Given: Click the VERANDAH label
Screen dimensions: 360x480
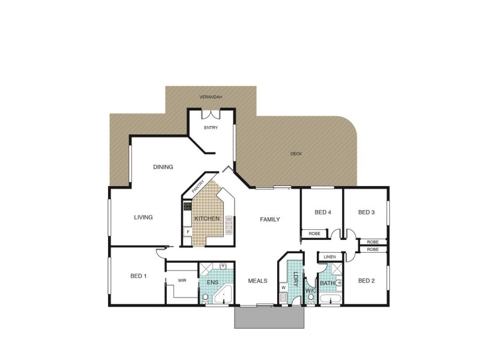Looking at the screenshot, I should [211, 97].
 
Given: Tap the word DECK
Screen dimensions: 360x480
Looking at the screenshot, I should [296, 154].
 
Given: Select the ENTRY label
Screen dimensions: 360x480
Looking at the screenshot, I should [211, 128].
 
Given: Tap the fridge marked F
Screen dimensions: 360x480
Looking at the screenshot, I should [187, 232].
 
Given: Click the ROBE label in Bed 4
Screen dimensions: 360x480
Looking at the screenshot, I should [314, 233].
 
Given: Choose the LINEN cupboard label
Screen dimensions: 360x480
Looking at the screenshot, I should [329, 257].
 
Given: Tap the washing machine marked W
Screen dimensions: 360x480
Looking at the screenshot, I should [283, 288].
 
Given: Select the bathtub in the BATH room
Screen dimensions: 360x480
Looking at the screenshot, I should [329, 298].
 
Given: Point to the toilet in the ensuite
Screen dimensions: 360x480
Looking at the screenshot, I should [205, 297].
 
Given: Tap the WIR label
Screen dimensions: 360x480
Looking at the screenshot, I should [182, 280].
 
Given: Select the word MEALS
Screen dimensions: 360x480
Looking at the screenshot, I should [257, 281].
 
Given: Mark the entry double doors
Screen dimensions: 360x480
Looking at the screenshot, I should [211, 114].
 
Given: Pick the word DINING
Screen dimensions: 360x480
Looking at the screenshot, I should [163, 167].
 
